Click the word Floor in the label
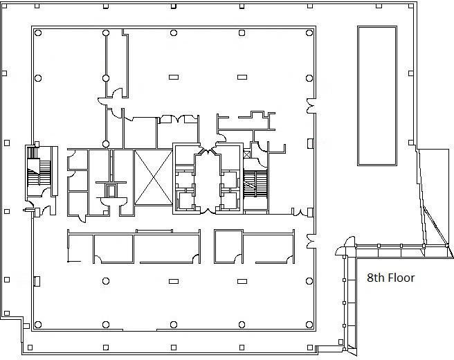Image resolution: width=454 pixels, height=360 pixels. click(401, 278)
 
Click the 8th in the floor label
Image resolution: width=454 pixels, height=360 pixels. click(376, 278)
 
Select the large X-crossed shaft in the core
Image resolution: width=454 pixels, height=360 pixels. click(154, 177)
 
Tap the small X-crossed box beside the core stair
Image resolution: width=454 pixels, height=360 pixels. click(246, 154)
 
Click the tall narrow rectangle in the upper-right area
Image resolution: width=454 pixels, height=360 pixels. click(377, 96)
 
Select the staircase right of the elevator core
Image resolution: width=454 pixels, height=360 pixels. click(255, 183)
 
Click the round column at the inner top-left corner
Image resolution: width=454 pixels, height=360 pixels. click(38, 33)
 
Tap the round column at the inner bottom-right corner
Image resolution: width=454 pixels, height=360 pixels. click(309, 325)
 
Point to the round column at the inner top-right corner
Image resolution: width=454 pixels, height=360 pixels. click(309, 33)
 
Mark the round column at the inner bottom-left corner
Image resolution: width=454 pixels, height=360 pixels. click(38, 325)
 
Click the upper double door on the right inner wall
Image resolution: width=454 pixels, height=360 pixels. click(311, 106)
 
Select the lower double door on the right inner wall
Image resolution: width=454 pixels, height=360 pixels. click(311, 241)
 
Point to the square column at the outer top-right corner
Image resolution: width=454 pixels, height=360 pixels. click(411, 6)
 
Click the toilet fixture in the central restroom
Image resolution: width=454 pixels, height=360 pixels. click(111, 190)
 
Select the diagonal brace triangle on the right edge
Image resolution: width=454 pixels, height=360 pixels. click(437, 232)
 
